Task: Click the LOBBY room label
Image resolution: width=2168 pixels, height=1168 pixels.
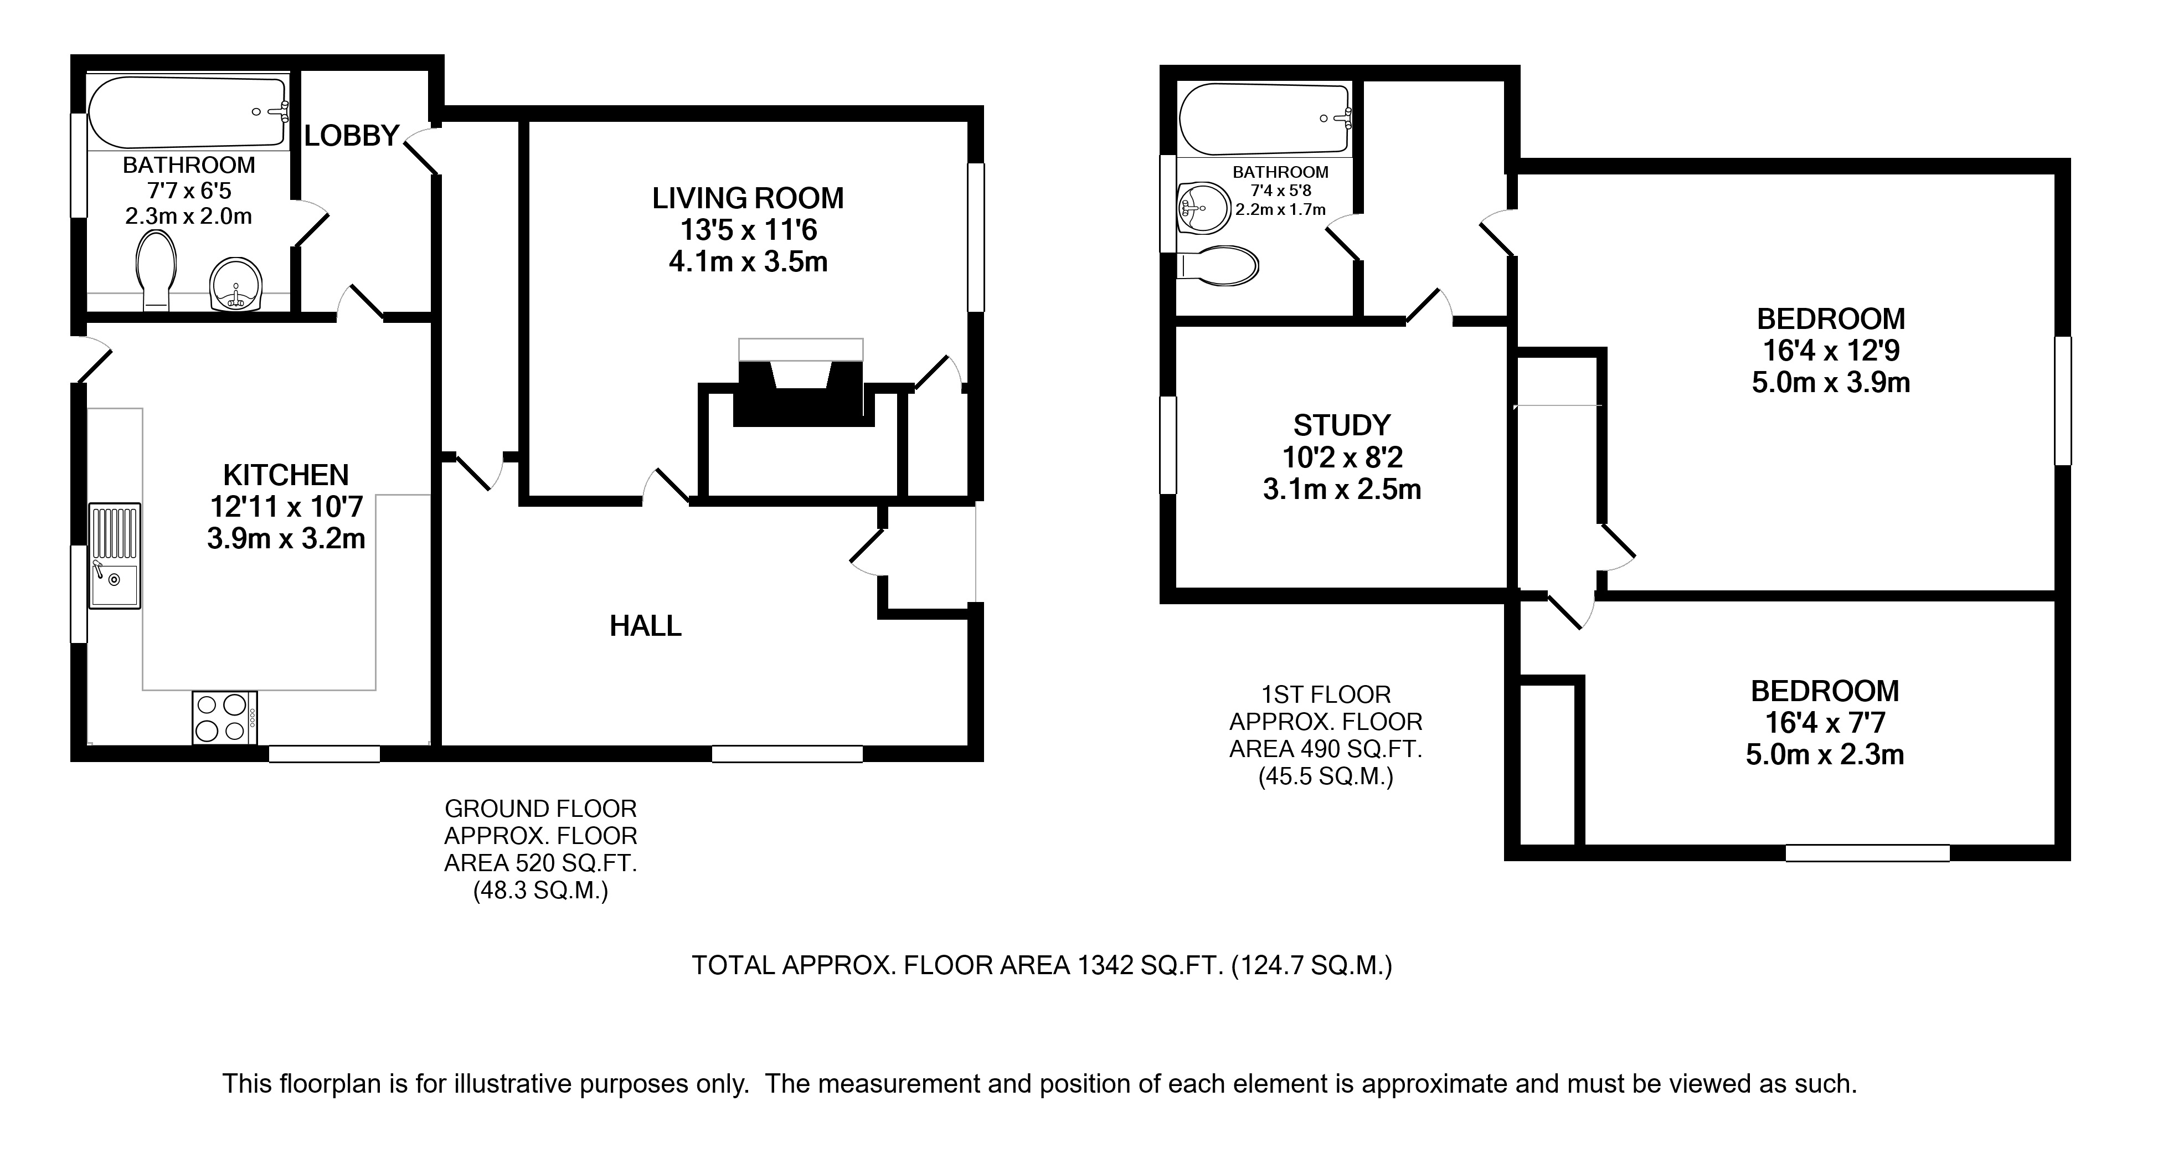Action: [x=351, y=136]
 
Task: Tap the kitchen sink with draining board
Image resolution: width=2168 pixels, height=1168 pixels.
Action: [x=115, y=555]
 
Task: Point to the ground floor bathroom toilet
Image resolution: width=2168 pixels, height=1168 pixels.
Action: [x=156, y=269]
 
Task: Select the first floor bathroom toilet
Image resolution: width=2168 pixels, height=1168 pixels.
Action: [x=1217, y=266]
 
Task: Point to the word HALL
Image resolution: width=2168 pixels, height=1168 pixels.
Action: [x=646, y=626]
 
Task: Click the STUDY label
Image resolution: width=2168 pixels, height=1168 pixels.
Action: [x=1342, y=425]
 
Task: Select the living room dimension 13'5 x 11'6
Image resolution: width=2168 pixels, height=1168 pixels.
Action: [x=748, y=230]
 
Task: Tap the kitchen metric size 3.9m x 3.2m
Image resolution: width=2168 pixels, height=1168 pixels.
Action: [x=286, y=538]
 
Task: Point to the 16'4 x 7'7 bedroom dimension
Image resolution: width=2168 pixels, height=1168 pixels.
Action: [x=1825, y=723]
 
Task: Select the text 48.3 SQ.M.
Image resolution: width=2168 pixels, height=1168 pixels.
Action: [x=540, y=891]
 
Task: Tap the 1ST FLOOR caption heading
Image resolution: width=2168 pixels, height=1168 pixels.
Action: [x=1326, y=695]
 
